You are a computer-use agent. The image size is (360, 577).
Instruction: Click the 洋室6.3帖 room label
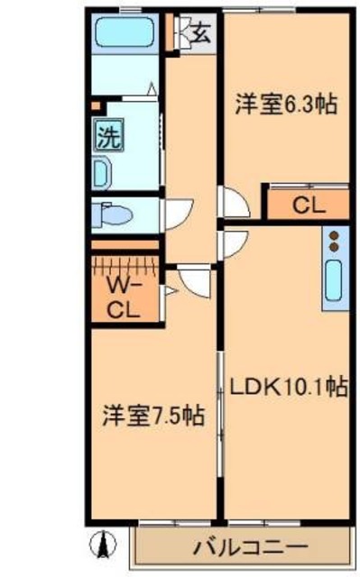(286, 105)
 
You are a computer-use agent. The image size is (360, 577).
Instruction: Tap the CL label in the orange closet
(308, 205)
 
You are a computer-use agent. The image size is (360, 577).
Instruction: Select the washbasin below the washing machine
(100, 172)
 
